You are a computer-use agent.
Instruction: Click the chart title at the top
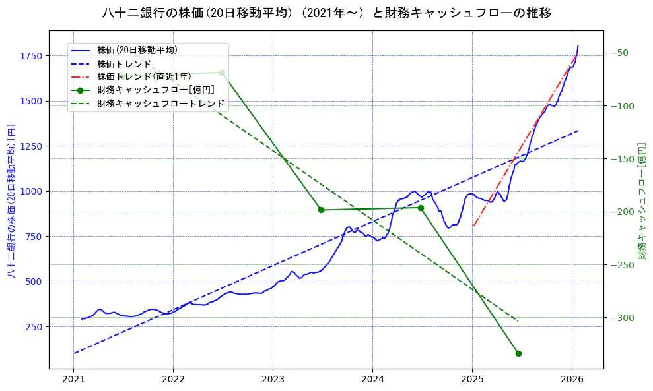(327, 13)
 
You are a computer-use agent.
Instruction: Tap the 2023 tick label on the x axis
(273, 380)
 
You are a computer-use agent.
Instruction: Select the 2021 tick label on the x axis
(74, 380)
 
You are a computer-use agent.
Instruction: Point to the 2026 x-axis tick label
(572, 380)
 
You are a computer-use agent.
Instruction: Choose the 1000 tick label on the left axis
(32, 191)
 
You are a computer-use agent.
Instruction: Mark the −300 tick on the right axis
(621, 318)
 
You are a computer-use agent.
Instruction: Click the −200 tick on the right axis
(621, 212)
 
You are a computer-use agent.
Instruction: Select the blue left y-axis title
(11, 200)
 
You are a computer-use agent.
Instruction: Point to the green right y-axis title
(642, 200)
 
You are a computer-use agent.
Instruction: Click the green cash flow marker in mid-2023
(321, 210)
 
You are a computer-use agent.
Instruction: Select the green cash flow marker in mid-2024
(421, 208)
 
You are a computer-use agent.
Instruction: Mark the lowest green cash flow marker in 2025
(518, 353)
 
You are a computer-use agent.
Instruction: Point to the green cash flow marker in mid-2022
(222, 73)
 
